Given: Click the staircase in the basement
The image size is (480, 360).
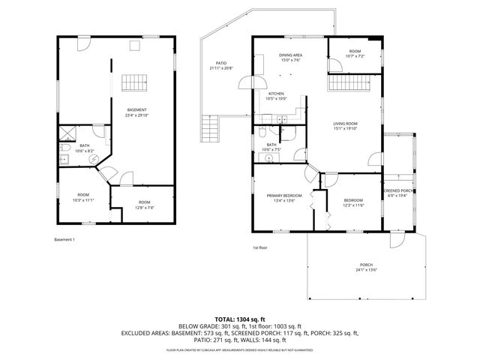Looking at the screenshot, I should [133, 82].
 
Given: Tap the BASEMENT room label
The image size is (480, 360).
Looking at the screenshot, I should [136, 110].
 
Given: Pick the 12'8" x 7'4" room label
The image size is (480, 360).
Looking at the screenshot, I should [143, 204].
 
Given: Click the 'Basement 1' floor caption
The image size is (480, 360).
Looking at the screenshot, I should [64, 239].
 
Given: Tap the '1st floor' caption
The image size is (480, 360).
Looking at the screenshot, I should [259, 247].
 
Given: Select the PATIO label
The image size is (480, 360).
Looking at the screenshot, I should [221, 65].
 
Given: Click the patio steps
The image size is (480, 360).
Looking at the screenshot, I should [210, 134].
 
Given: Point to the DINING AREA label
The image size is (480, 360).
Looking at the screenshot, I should [290, 58].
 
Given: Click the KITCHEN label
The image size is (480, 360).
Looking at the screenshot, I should [277, 95].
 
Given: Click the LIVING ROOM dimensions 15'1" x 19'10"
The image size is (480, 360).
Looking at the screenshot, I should [346, 128].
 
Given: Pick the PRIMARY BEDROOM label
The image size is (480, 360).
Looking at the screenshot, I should [283, 198].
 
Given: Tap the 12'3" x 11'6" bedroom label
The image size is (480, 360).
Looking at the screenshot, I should [353, 202].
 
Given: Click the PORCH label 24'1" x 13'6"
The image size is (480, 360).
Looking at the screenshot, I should [366, 268].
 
